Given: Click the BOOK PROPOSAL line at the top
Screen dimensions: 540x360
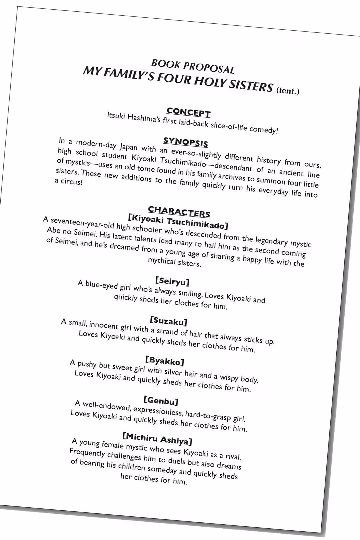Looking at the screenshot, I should click(193, 66).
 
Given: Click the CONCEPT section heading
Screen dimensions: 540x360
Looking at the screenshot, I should click(188, 112).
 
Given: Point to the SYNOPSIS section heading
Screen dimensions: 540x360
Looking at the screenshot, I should click(186, 142).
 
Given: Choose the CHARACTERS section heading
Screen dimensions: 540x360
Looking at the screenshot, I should click(179, 211).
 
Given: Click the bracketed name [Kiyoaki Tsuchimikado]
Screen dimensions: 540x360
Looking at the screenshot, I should click(178, 221).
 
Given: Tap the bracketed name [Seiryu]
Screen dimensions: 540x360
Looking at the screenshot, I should click(172, 281).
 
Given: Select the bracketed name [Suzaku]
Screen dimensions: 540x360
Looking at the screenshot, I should click(168, 321).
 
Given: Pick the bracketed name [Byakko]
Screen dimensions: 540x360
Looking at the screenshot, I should click(165, 361).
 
